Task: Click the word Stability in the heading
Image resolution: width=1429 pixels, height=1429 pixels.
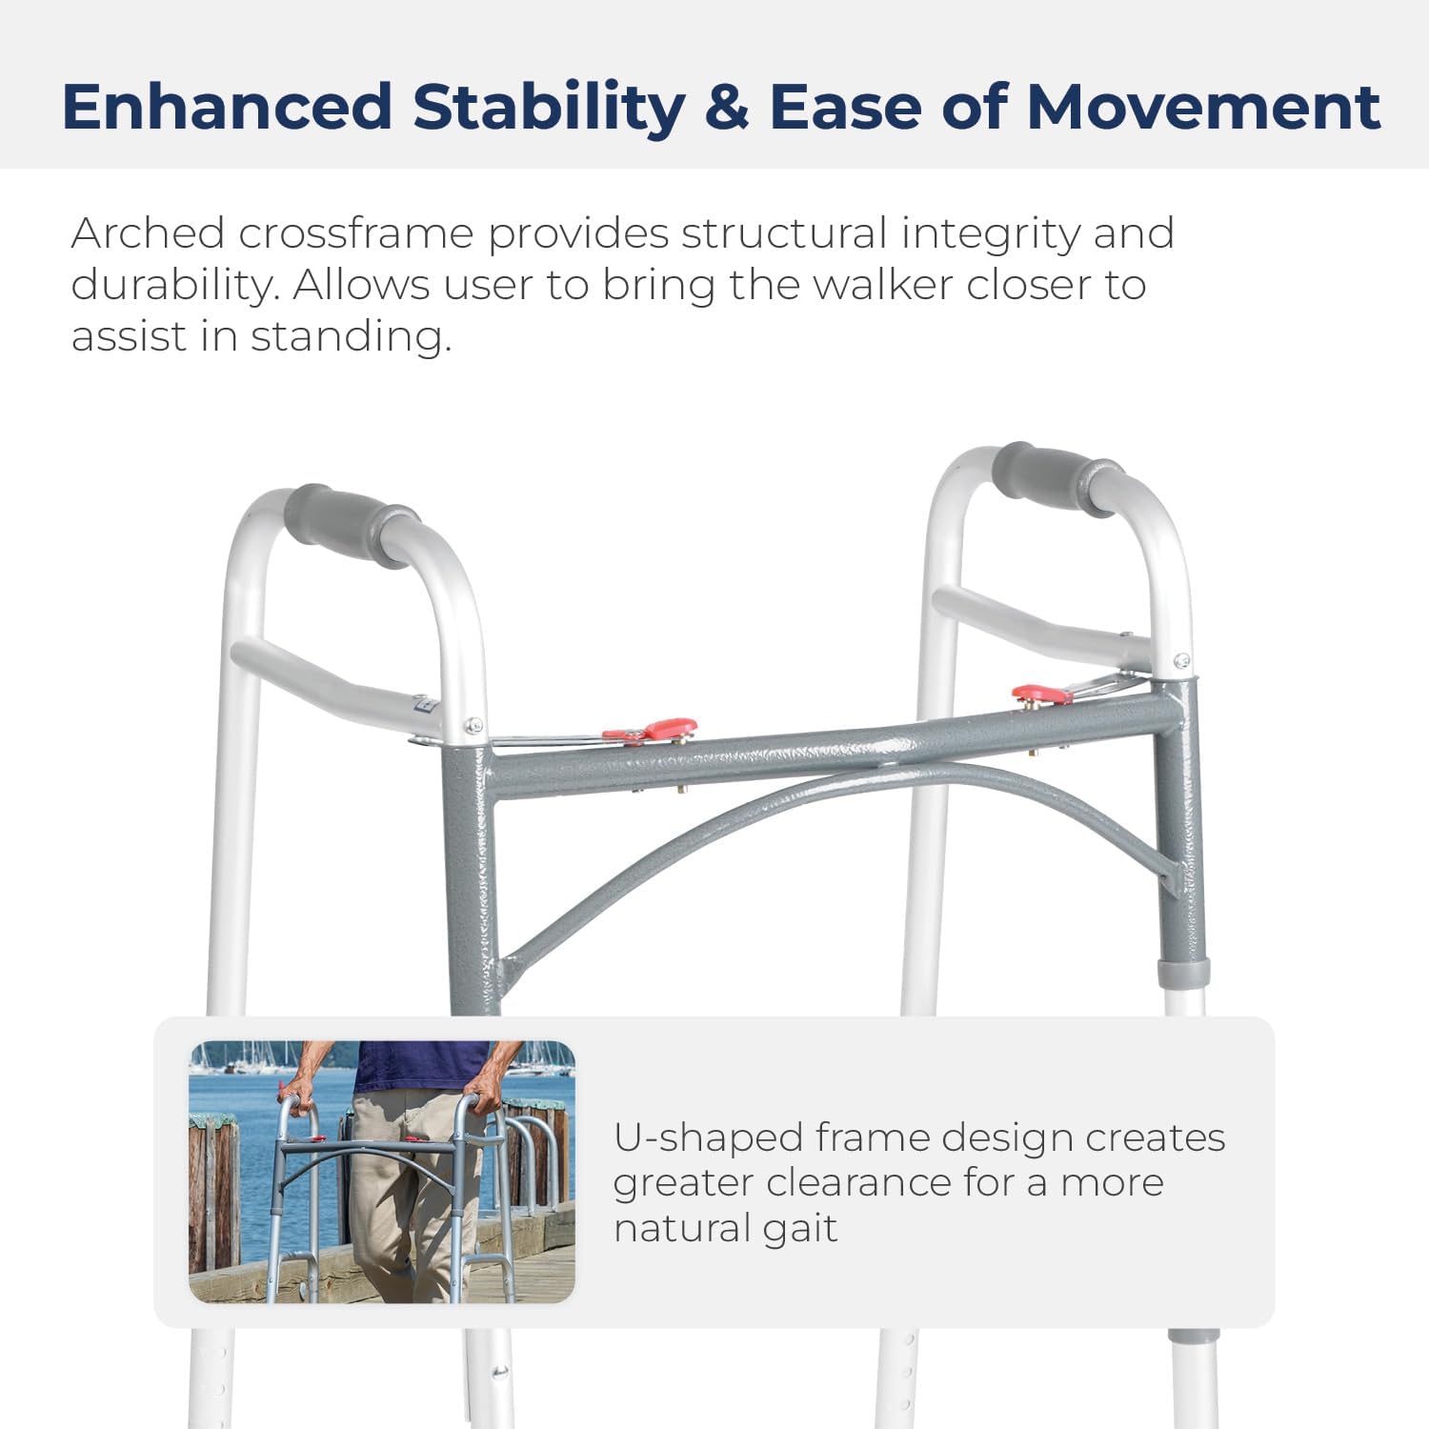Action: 549,107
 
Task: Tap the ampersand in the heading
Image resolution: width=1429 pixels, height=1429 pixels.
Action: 727,107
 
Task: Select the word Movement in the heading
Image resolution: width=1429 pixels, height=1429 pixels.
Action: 1203,107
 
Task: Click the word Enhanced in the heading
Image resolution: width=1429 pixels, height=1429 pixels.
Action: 227,107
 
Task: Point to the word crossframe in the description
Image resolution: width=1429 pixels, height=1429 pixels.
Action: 355,233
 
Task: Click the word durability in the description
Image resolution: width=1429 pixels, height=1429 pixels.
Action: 171,285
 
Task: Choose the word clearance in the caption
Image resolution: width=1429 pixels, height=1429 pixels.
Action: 857,1183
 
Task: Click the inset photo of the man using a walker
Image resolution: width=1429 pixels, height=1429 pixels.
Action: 382,1172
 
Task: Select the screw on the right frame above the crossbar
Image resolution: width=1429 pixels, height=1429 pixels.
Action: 1181,660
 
